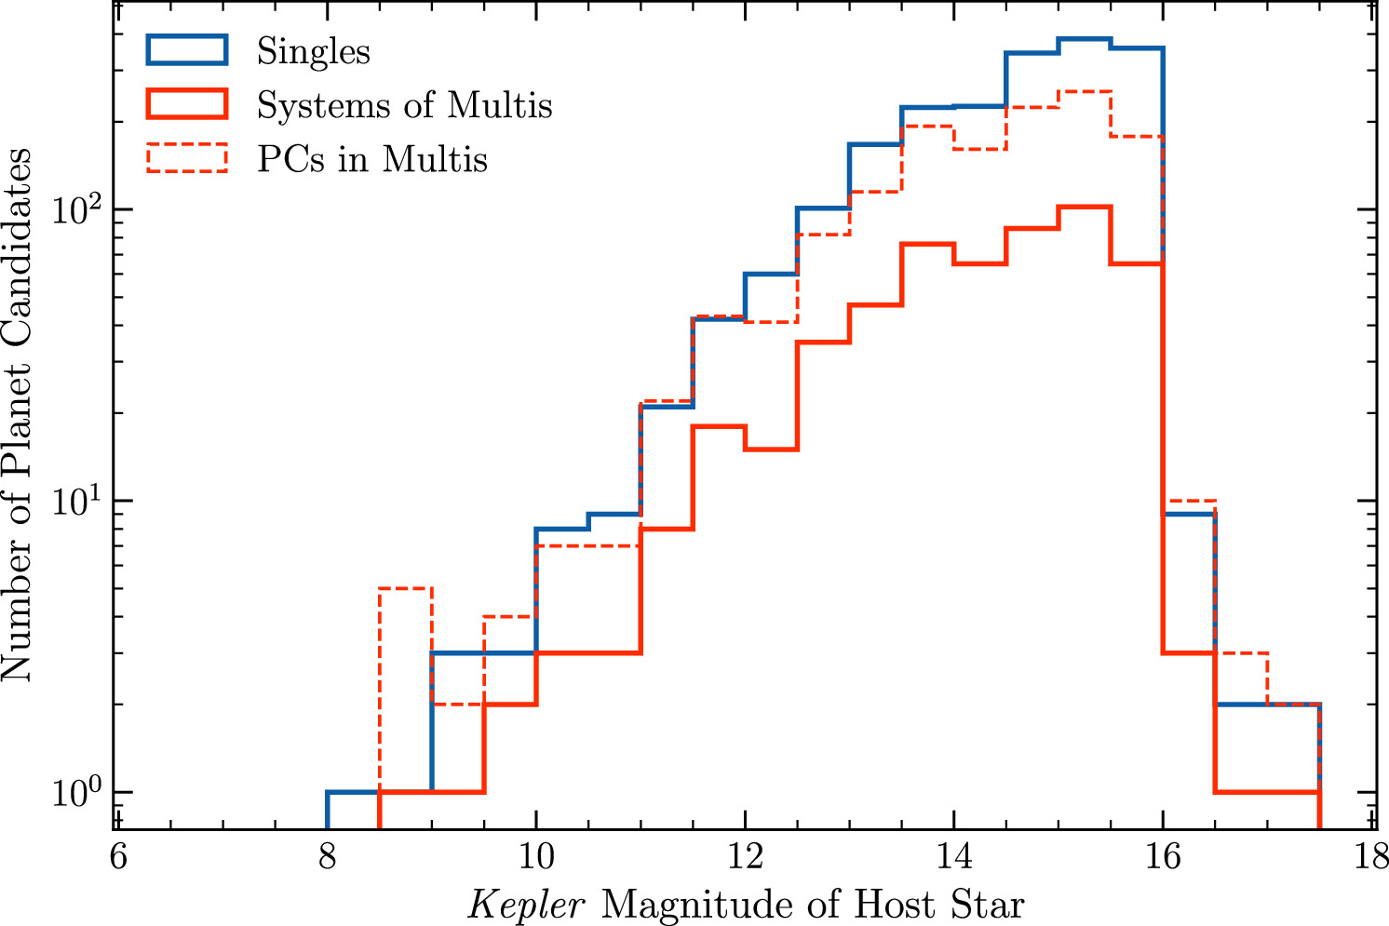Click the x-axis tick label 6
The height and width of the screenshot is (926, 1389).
click(118, 858)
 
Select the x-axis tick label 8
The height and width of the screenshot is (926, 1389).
click(328, 858)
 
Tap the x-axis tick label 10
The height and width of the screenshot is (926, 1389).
click(536, 858)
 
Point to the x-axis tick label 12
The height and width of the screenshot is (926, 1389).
click(746, 858)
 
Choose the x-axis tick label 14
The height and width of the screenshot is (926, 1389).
click(954, 858)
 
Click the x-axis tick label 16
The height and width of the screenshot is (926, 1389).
click(1164, 858)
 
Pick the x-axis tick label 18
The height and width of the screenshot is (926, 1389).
click(1370, 858)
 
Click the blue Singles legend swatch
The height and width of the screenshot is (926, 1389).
click(187, 49)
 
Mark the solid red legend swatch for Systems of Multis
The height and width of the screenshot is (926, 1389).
click(187, 103)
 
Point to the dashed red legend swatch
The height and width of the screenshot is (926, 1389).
click(187, 157)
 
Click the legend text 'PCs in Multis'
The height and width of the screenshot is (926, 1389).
click(372, 158)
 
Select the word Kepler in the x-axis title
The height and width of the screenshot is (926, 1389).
click(526, 906)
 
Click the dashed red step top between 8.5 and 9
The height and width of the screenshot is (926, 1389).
click(406, 587)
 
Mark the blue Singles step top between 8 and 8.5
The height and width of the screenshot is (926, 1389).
click(354, 792)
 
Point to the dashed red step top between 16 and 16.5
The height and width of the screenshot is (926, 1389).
click(1190, 500)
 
